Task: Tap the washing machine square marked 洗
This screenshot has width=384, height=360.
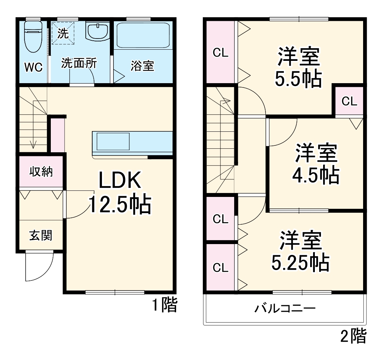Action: click(x=63, y=33)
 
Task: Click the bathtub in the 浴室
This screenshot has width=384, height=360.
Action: click(x=143, y=35)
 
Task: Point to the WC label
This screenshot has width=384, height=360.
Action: click(x=33, y=67)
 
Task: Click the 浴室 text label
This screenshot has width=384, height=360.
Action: click(x=142, y=66)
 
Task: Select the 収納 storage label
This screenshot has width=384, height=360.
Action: click(x=41, y=171)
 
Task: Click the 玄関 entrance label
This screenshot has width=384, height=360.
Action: click(x=40, y=235)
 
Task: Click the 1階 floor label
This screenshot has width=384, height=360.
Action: click(x=164, y=306)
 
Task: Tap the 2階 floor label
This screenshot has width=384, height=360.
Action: click(x=353, y=337)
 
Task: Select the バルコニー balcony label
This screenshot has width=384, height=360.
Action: click(x=286, y=309)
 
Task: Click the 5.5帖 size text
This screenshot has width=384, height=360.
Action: click(x=298, y=80)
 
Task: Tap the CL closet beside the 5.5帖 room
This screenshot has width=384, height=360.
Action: click(x=220, y=53)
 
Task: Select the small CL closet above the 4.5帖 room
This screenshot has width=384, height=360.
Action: click(x=349, y=101)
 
